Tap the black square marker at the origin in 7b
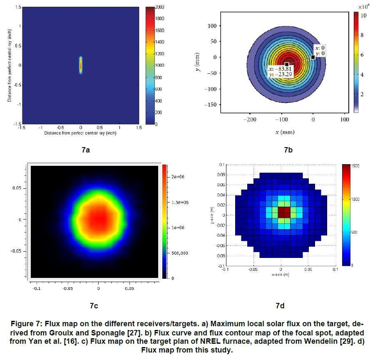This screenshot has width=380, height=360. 313,57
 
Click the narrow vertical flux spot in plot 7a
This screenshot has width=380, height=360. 81,65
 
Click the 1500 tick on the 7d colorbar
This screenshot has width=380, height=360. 359,166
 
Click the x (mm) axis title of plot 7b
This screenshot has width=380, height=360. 285,132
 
